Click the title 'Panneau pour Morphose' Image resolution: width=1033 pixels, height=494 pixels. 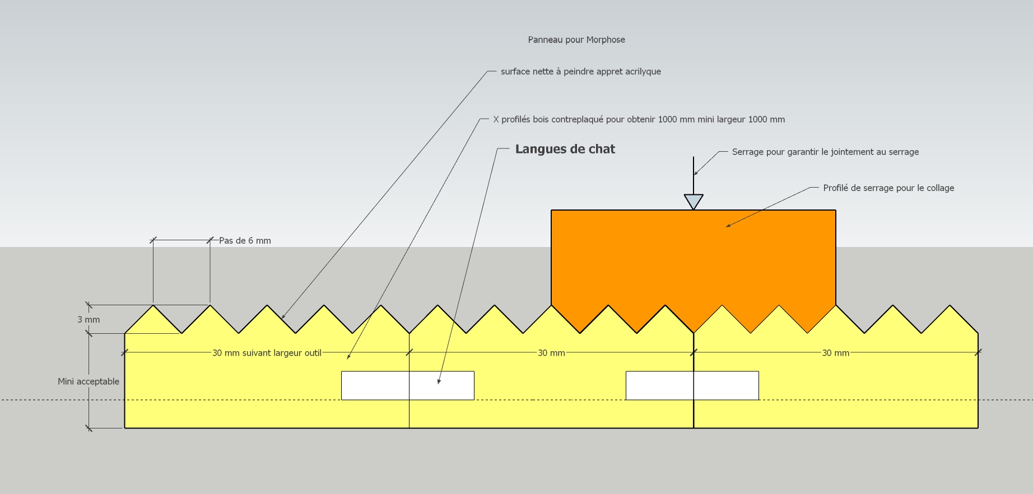[x=576, y=40]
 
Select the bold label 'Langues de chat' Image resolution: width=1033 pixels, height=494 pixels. [x=565, y=149]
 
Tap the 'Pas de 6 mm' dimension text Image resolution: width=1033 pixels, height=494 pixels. [x=245, y=241]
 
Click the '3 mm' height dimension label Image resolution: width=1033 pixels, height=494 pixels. [x=89, y=320]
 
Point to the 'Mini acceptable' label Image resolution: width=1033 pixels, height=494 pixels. [x=89, y=381]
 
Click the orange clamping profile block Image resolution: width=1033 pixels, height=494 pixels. [x=694, y=263]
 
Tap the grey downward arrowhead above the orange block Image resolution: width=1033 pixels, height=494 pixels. [x=694, y=202]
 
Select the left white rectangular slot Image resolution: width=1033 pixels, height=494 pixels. [x=408, y=385]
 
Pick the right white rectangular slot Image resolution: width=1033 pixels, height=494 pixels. [x=692, y=385]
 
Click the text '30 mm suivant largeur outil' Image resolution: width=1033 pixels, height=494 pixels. [x=267, y=353]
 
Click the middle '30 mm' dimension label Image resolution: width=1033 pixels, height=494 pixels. [x=551, y=353]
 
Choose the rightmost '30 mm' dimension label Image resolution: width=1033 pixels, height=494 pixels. [x=836, y=353]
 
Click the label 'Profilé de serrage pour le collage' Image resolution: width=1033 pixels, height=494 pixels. [x=888, y=188]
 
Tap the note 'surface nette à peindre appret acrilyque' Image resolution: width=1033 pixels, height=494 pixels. [x=581, y=72]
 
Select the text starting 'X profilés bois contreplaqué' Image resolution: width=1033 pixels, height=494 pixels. [x=639, y=119]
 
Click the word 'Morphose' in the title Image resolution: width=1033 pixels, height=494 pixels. [x=607, y=40]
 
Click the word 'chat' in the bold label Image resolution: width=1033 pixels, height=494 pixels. [x=602, y=149]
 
